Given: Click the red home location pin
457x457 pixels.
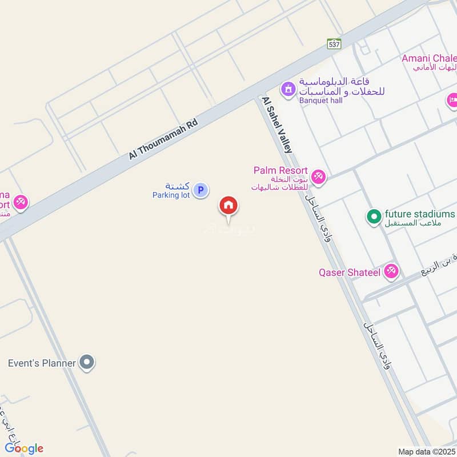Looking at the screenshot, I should tap(228, 206).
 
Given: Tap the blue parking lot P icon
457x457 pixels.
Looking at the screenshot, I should tap(200, 190).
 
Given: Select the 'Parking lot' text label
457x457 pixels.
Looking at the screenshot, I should tap(170, 195).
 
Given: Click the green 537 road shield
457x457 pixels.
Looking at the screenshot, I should tap(334, 43).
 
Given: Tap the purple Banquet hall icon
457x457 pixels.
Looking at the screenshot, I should tap(287, 89).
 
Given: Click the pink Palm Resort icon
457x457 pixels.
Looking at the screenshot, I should tap(319, 177).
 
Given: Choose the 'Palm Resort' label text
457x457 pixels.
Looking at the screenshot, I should tap(281, 171).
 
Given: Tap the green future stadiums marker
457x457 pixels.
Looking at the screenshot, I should tap(374, 216).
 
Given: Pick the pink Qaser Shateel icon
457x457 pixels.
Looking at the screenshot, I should tap(391, 271).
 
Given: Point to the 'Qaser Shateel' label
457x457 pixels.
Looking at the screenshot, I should tap(350, 272).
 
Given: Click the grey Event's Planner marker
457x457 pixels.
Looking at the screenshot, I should tap(86, 362).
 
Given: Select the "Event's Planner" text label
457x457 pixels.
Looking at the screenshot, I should tap(42, 363).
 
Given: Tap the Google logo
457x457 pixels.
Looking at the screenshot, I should tap(23, 448).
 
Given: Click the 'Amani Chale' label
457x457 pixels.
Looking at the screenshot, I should tap(429, 58).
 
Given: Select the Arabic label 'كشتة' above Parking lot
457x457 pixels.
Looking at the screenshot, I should tap(177, 186).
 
